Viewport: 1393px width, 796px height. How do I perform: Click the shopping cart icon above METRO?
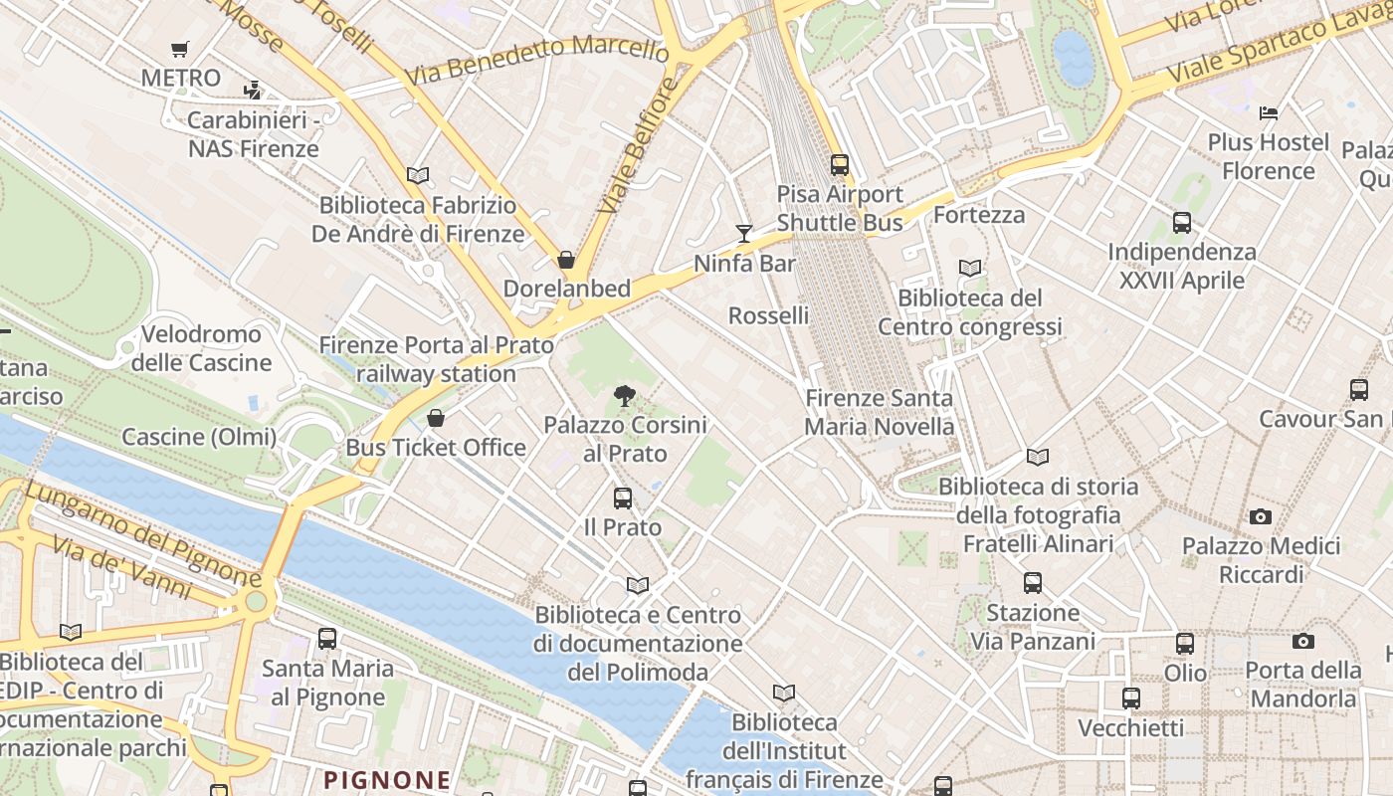pyautogui.click(x=180, y=49)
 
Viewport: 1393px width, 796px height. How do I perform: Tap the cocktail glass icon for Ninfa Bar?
pyautogui.click(x=744, y=234)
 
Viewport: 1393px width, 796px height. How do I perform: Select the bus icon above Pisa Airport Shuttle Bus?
pyautogui.click(x=840, y=165)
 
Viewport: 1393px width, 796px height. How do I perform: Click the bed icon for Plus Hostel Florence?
pyautogui.click(x=1269, y=113)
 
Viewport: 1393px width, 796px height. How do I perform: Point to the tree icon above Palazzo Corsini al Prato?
pyautogui.click(x=625, y=396)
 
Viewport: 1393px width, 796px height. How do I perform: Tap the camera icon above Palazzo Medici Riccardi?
pyautogui.click(x=1261, y=516)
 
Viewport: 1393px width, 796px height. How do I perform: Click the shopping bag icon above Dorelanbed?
pyautogui.click(x=566, y=260)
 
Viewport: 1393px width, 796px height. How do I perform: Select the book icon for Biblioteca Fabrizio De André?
pyautogui.click(x=418, y=176)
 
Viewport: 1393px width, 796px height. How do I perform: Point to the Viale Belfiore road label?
pyautogui.click(x=639, y=145)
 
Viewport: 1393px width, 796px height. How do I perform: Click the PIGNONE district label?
pyautogui.click(x=388, y=779)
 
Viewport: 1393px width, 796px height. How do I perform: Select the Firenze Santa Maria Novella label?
pyautogui.click(x=879, y=413)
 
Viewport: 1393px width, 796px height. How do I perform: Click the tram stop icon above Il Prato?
pyautogui.click(x=623, y=497)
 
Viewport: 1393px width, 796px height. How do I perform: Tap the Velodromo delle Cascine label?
pyautogui.click(x=201, y=348)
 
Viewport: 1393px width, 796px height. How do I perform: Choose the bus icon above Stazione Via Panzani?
pyautogui.click(x=1033, y=583)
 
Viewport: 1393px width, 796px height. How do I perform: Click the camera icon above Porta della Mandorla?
pyautogui.click(x=1303, y=642)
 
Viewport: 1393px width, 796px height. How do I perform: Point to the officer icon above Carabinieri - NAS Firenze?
pyautogui.click(x=253, y=91)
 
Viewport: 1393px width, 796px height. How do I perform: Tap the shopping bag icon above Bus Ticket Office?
pyautogui.click(x=435, y=418)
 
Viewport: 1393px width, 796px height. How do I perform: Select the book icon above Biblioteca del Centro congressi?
pyautogui.click(x=970, y=269)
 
